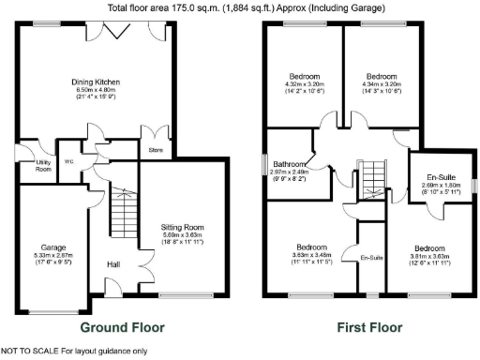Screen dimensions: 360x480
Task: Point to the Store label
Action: click(x=157, y=147)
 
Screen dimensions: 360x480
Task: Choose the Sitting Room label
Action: click(x=182, y=228)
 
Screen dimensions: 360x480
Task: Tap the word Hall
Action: click(x=113, y=264)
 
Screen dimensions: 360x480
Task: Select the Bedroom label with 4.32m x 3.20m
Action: click(x=305, y=76)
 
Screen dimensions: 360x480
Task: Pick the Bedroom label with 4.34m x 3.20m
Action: click(x=382, y=76)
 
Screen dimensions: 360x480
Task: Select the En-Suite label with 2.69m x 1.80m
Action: click(x=442, y=177)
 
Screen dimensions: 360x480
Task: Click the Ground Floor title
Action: click(x=122, y=328)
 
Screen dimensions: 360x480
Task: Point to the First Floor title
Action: click(x=369, y=328)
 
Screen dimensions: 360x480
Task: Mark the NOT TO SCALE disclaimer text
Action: click(x=74, y=352)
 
